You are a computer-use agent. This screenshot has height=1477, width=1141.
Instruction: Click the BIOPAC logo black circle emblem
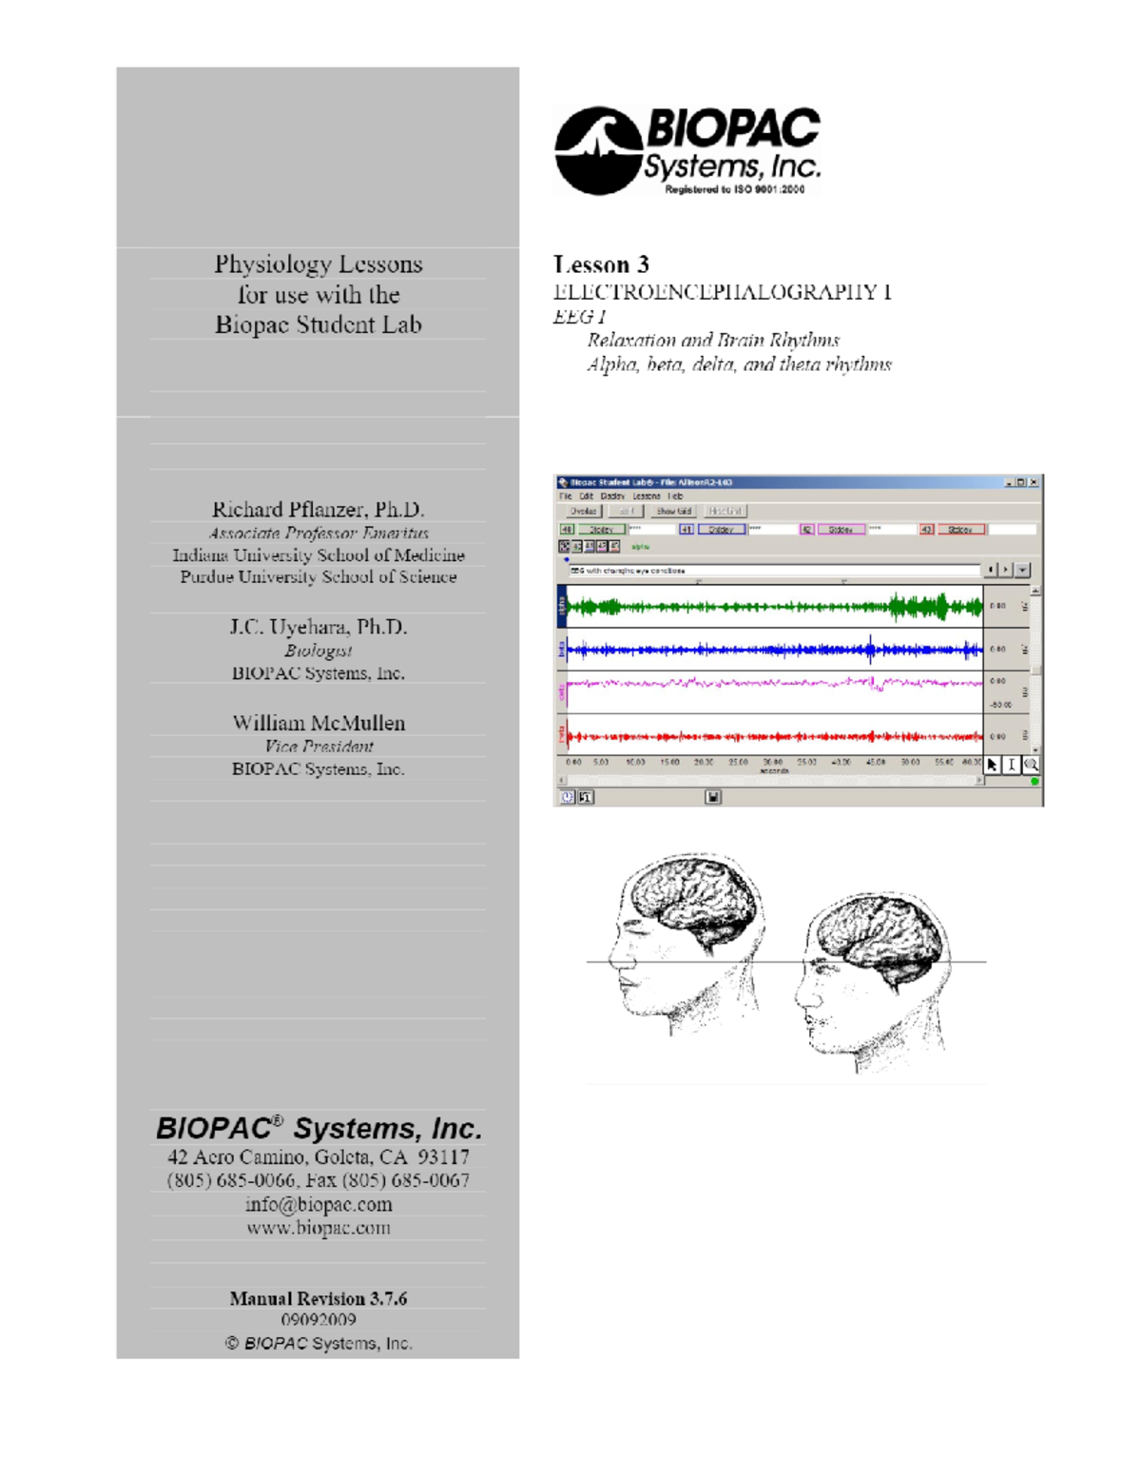[x=597, y=150]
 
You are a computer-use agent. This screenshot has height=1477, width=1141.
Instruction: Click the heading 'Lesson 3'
[x=601, y=264]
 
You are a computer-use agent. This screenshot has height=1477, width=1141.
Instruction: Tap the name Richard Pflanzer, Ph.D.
[x=318, y=510]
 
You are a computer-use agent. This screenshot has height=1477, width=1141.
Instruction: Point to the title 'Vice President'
[x=319, y=747]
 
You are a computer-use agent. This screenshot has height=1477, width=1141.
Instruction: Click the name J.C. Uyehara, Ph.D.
[x=318, y=627]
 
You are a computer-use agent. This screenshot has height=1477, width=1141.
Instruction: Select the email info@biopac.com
[x=319, y=1204]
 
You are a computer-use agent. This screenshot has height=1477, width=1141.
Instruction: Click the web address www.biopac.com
[x=319, y=1228]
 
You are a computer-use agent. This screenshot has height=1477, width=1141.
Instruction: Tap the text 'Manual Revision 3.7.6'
[x=318, y=1298]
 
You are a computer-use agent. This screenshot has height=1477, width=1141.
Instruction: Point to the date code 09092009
[x=319, y=1320]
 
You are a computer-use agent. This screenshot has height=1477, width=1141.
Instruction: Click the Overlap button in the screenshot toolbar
[x=583, y=512]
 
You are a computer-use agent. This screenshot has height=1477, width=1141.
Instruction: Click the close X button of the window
[x=1034, y=482]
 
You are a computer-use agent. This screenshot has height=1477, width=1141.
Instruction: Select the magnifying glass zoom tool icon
[x=1031, y=765]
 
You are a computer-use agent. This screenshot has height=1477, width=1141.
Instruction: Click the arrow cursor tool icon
[x=993, y=765]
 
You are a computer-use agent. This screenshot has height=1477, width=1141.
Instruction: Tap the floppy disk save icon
[x=713, y=797]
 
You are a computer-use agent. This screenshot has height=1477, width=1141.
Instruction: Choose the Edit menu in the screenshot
[x=586, y=496]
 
